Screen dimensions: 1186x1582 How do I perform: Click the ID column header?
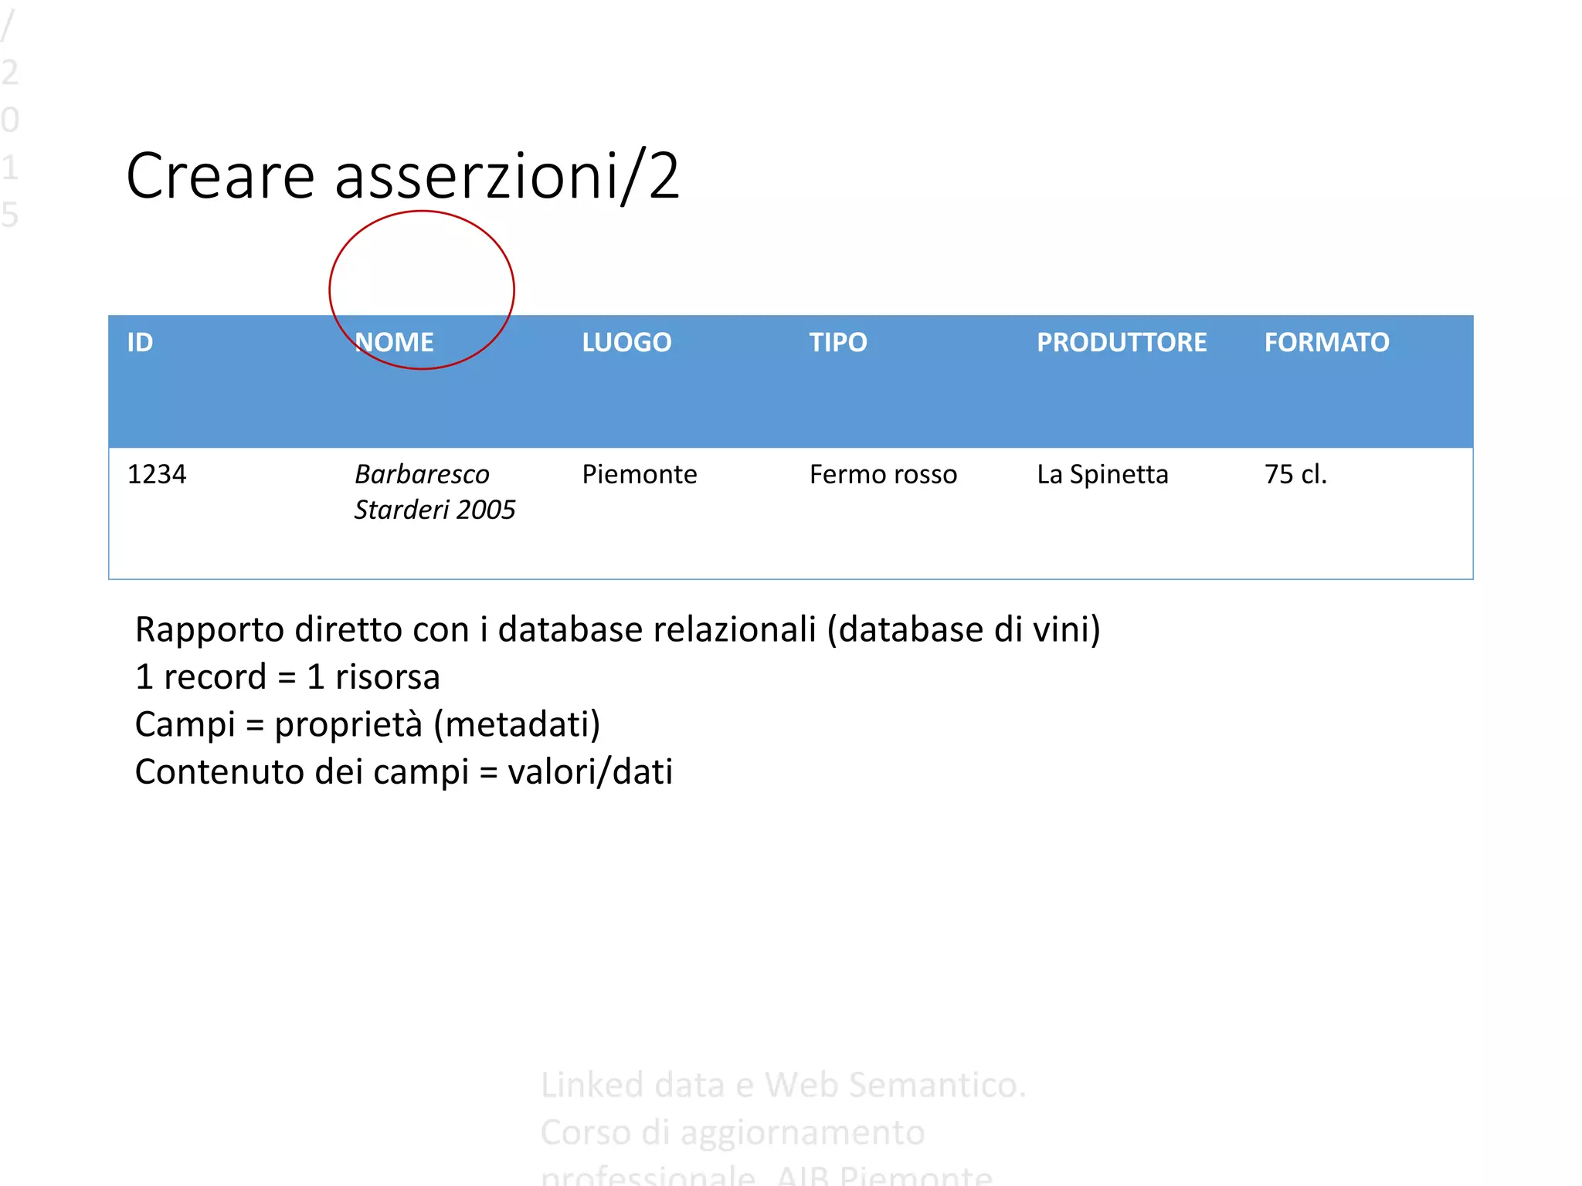[140, 342]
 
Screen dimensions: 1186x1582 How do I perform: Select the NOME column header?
[394, 342]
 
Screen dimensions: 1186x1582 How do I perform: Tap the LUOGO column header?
[626, 342]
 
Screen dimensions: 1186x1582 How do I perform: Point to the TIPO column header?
[838, 342]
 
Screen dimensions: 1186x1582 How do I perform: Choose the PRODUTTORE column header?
[1121, 342]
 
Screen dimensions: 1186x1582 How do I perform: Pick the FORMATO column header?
[1326, 342]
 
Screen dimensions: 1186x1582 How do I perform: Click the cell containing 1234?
[157, 474]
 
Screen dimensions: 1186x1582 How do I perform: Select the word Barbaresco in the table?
[422, 474]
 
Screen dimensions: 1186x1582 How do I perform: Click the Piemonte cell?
[640, 474]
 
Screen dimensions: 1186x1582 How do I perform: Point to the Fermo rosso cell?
[883, 474]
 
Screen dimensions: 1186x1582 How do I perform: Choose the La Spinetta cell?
[1102, 474]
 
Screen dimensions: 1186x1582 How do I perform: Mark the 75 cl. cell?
[1295, 474]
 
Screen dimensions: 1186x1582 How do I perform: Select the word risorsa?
[388, 677]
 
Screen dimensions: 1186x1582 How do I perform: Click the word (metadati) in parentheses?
[517, 724]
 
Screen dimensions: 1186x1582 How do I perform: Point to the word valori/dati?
[590, 771]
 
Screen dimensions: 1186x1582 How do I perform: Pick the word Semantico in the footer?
[895, 1085]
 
